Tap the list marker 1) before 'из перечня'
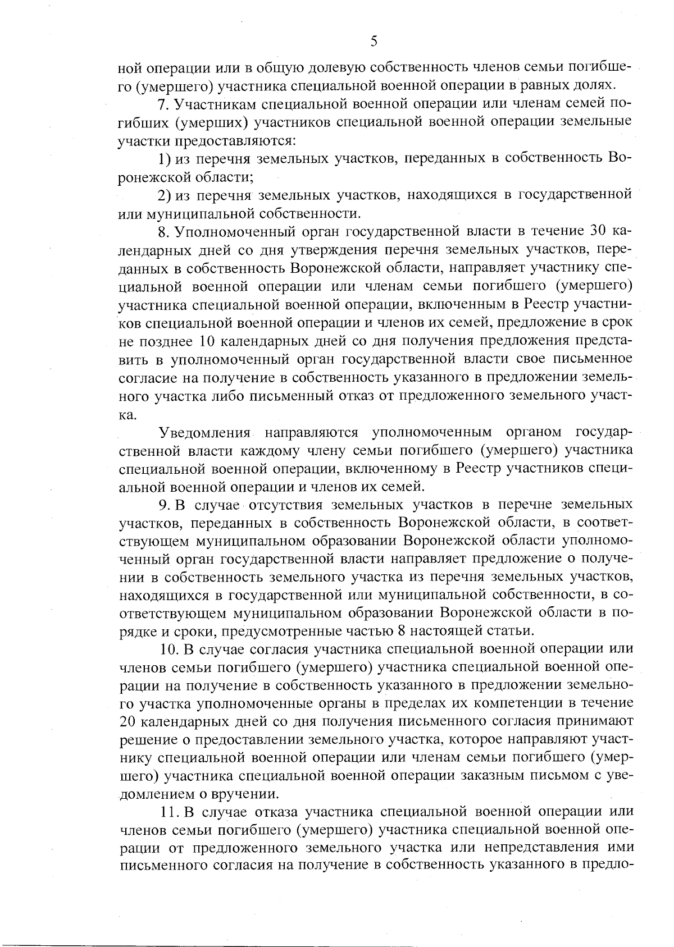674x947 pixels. tap(164, 159)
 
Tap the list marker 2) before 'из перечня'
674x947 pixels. tap(164, 195)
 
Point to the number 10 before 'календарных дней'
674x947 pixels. tap(205, 341)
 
